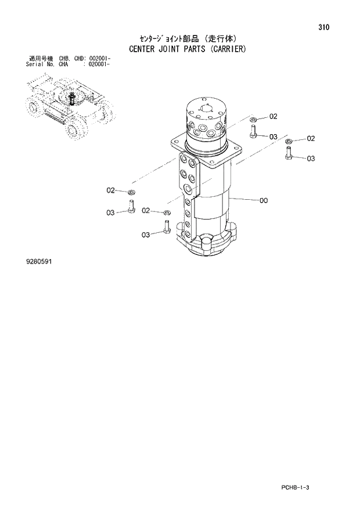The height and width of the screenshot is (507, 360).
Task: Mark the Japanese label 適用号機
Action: pos(41,59)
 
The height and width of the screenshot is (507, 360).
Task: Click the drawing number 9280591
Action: pos(38,262)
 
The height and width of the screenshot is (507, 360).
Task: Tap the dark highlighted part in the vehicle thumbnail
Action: pos(72,99)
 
